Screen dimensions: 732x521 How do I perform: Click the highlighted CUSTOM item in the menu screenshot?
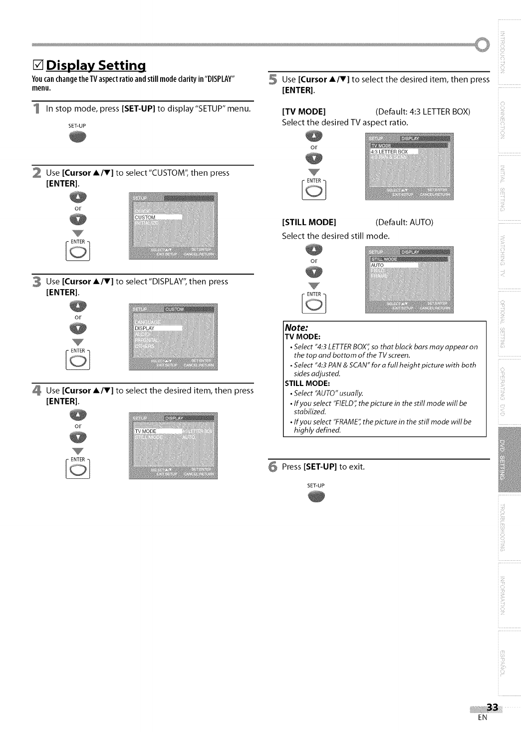click(157, 217)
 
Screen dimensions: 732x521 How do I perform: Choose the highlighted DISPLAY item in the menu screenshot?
click(157, 328)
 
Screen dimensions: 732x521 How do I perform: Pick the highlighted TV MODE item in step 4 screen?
click(157, 431)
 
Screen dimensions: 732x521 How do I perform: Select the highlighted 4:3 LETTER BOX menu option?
click(394, 151)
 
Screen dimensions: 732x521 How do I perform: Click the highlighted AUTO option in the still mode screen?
click(394, 265)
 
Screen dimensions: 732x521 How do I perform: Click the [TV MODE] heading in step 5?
click(304, 111)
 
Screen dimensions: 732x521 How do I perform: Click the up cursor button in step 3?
click(78, 306)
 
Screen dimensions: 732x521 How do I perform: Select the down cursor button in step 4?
click(78, 437)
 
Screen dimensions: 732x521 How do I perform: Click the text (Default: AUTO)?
click(404, 222)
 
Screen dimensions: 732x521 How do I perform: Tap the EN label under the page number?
click(482, 718)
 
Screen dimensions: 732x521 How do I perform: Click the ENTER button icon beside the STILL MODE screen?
click(314, 304)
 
